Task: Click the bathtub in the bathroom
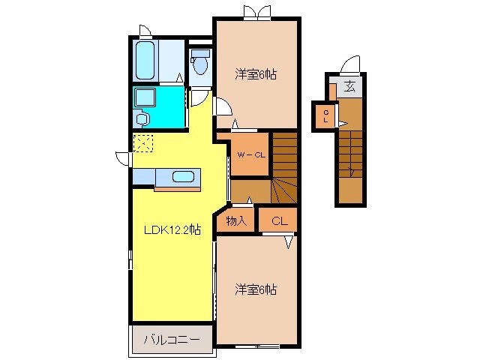pyautogui.click(x=145, y=61)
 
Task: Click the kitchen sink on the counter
pyautogui.click(x=184, y=177)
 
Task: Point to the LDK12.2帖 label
pyautogui.click(x=172, y=229)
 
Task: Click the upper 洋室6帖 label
pyautogui.click(x=256, y=73)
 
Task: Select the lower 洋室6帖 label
pyautogui.click(x=255, y=288)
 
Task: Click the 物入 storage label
pyautogui.click(x=236, y=220)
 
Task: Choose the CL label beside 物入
pyautogui.click(x=278, y=220)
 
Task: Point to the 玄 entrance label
pyautogui.click(x=350, y=87)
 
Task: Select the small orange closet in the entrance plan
pyautogui.click(x=325, y=116)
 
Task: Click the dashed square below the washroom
pyautogui.click(x=142, y=142)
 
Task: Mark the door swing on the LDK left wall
pyautogui.click(x=123, y=159)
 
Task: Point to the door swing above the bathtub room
pyautogui.click(x=145, y=31)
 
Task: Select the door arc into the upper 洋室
pyautogui.click(x=222, y=106)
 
